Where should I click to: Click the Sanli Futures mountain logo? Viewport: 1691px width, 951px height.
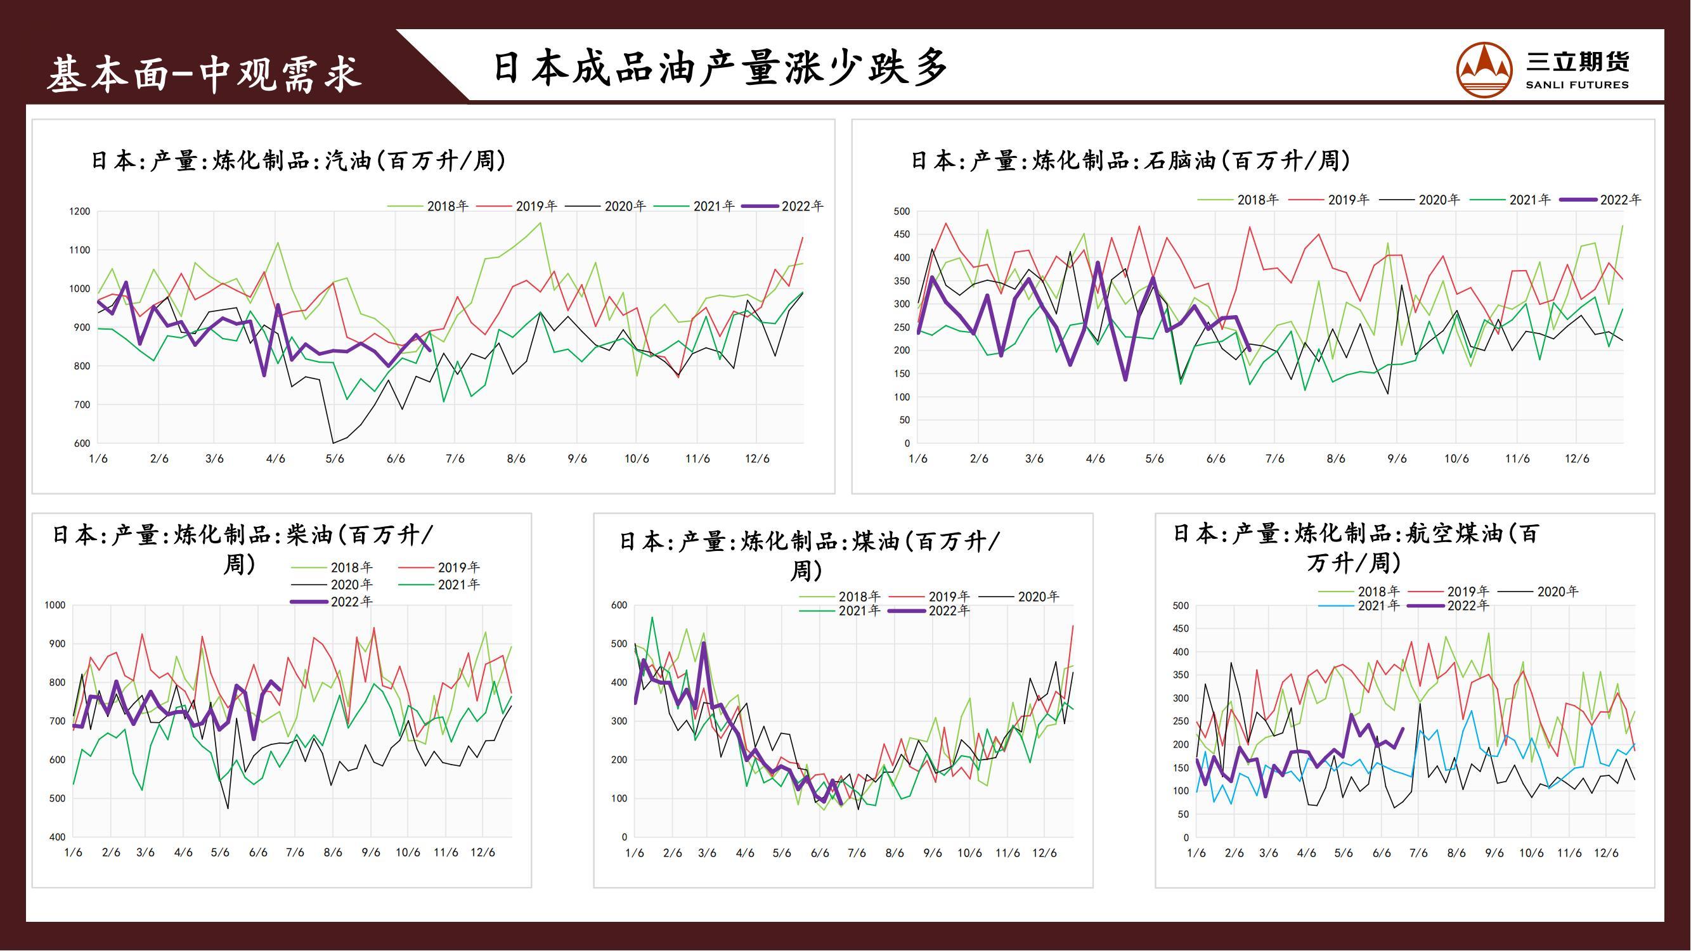click(1484, 70)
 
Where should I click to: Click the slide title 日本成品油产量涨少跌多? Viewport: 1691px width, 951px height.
click(720, 68)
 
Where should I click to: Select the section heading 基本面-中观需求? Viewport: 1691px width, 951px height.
click(204, 73)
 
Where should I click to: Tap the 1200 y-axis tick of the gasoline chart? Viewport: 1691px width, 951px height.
click(79, 211)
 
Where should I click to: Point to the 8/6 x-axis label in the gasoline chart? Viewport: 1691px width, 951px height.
click(516, 459)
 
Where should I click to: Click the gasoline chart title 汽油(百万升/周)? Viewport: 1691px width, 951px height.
click(299, 161)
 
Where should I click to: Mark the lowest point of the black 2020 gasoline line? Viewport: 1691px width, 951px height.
click(333, 443)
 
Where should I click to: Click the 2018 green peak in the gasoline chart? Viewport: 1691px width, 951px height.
click(540, 223)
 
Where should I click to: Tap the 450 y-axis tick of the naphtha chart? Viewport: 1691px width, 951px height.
click(902, 235)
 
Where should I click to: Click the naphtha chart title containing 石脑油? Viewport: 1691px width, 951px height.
click(1131, 161)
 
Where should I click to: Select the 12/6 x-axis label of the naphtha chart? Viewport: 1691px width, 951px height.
click(1576, 459)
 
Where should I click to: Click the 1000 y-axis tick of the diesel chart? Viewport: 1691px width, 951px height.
click(55, 605)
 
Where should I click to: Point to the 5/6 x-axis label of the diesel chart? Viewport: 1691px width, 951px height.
click(220, 853)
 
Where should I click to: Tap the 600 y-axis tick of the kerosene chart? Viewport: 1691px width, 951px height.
click(619, 605)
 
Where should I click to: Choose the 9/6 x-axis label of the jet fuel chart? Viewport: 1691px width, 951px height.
click(1494, 853)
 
